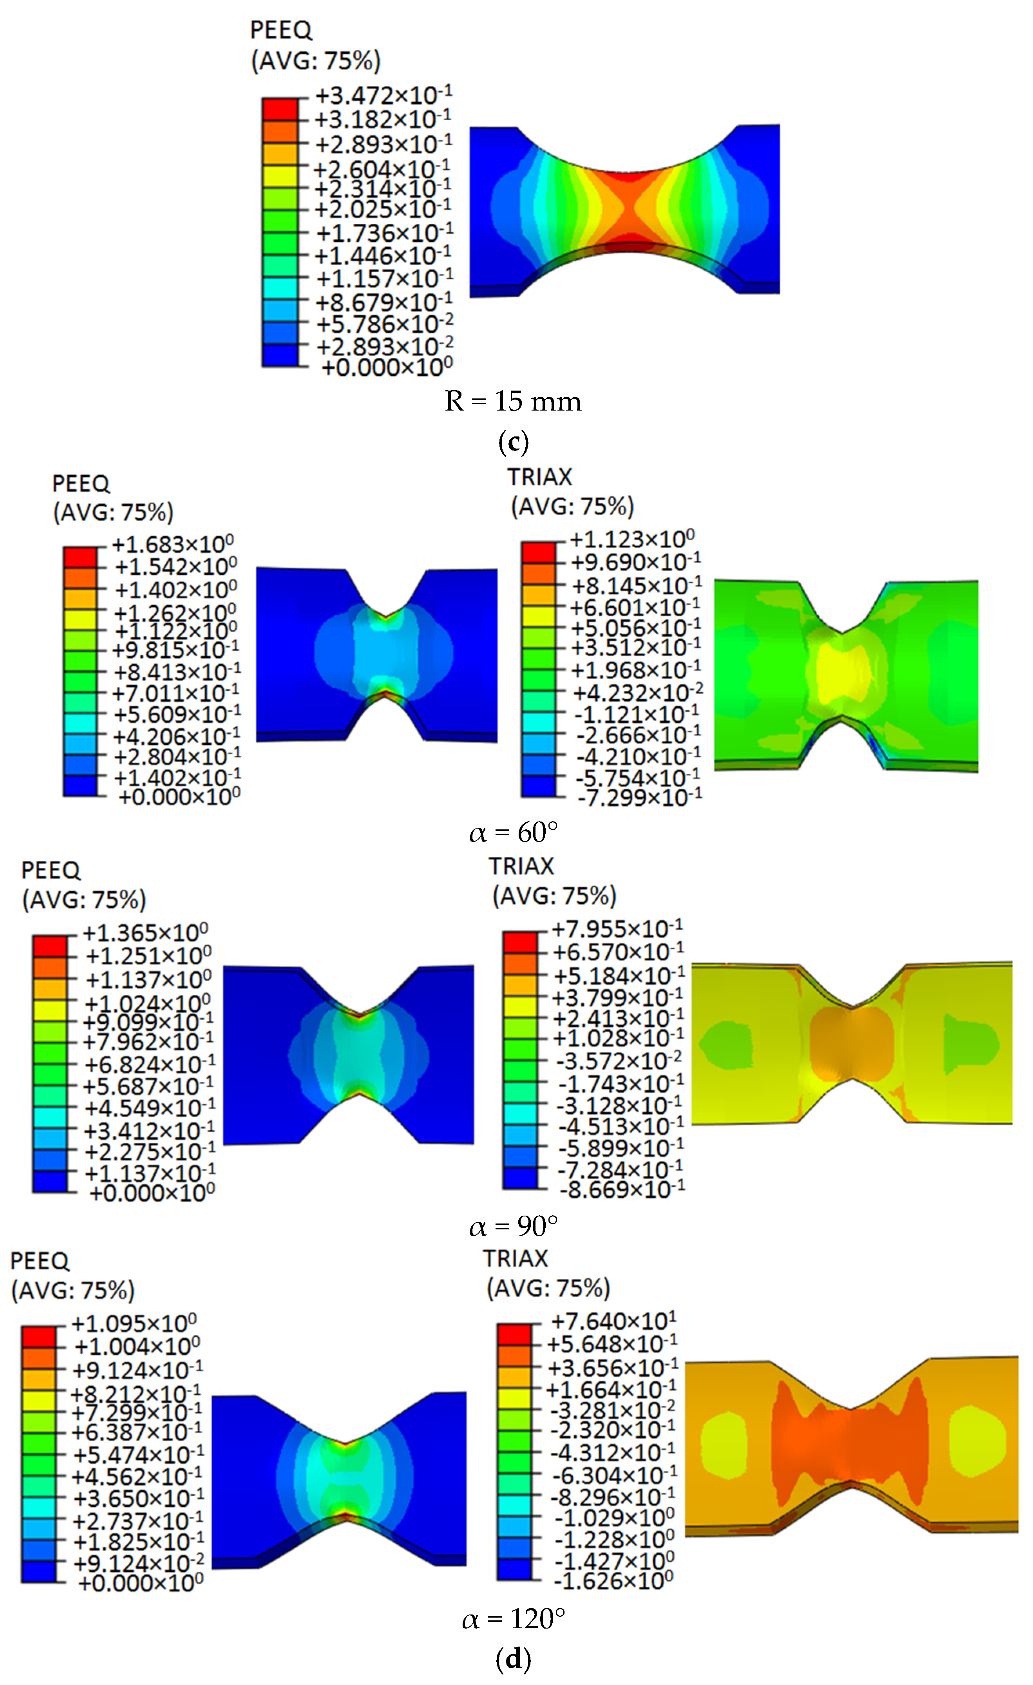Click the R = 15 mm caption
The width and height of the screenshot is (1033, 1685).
click(513, 401)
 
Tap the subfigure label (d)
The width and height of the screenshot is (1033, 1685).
click(513, 1660)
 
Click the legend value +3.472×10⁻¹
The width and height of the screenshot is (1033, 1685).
click(383, 94)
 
